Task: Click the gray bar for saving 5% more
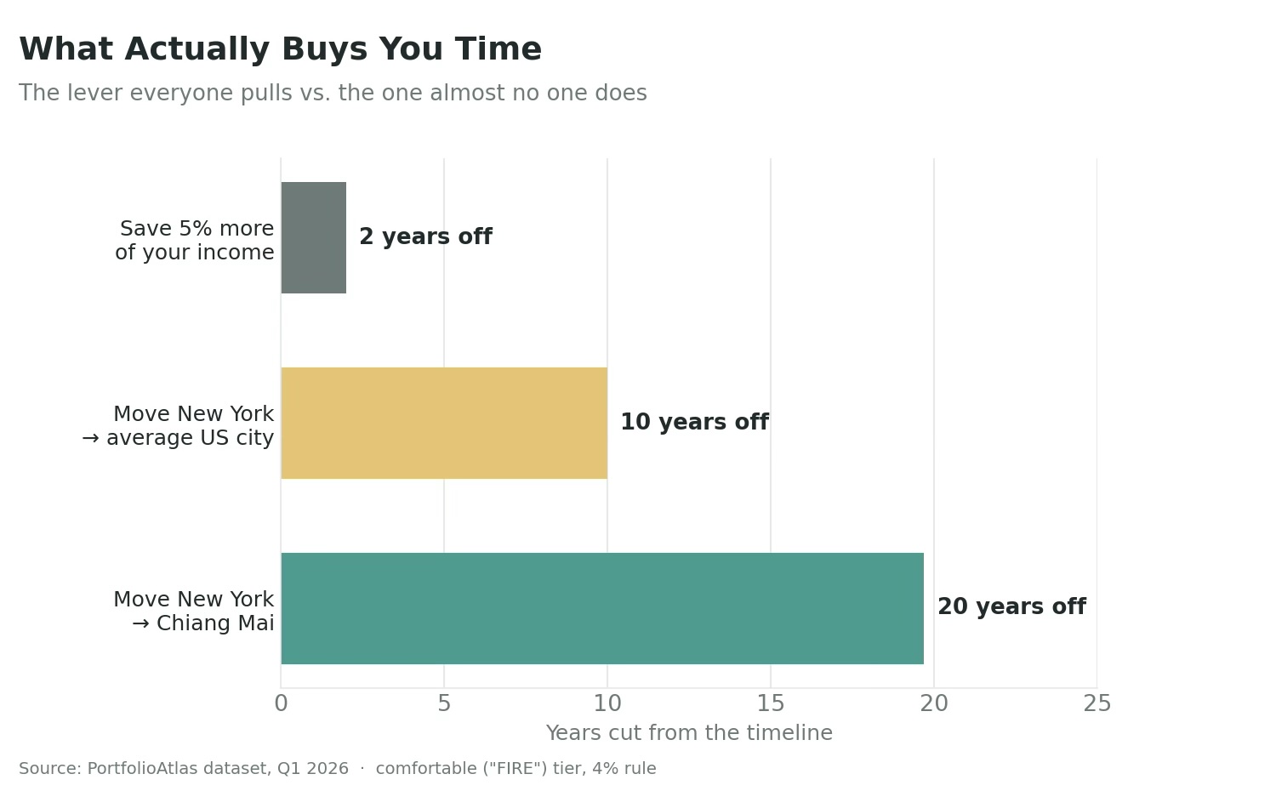313,237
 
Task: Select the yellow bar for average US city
444,423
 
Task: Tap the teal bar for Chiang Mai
602,608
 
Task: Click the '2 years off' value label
425,236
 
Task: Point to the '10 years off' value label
694,422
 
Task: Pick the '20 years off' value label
1011,606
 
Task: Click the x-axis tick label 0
281,704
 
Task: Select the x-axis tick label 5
444,704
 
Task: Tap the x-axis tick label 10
607,704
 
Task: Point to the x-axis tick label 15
771,704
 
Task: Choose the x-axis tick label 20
934,704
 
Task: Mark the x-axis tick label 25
1097,704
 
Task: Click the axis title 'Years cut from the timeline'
689,733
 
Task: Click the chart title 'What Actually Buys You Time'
280,49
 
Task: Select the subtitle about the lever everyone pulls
333,93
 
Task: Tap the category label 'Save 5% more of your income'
195,241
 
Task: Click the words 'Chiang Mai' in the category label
215,623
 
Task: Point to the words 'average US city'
191,438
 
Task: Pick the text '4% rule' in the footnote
624,769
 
